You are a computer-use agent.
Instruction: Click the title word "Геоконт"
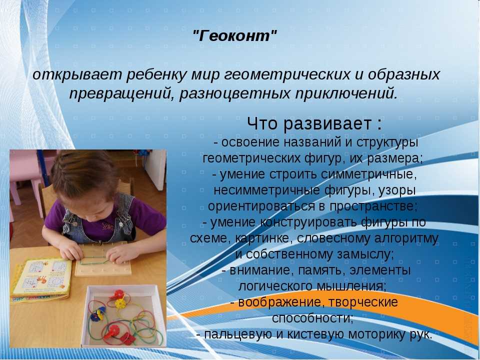[235, 36]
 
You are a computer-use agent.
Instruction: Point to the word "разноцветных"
[234, 93]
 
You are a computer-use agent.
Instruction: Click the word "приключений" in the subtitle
[343, 93]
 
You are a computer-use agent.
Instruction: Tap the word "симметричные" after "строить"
[364, 174]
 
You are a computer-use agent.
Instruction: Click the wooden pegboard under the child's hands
[103, 259]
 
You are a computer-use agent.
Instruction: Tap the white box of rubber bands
[123, 316]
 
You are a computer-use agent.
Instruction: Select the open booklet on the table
[42, 280]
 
